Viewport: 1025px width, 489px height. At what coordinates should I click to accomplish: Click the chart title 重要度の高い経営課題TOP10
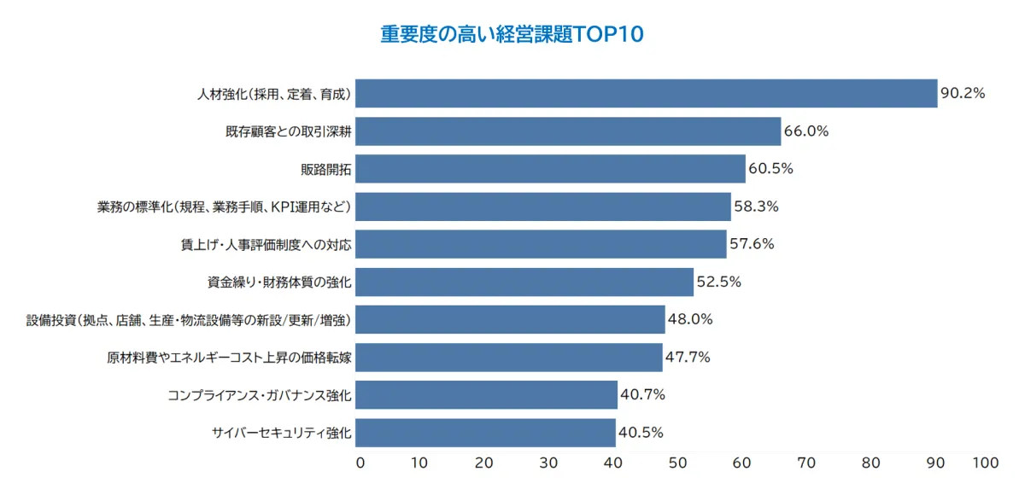pos(512,35)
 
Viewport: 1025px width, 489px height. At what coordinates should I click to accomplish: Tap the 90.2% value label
pos(963,93)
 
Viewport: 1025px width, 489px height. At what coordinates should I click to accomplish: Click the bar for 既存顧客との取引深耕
pos(568,131)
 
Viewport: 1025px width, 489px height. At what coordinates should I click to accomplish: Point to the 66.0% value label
pos(806,131)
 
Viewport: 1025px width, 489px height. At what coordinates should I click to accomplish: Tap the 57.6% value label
pos(752,244)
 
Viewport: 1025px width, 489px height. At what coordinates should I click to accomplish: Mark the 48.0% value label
pos(689,319)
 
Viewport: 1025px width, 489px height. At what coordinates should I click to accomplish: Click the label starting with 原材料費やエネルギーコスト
pos(224,357)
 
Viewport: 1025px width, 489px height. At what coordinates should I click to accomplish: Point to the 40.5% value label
pos(641,432)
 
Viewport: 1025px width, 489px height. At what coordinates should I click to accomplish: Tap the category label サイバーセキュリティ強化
pos(282,432)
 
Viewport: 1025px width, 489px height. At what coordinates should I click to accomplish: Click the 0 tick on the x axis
pos(360,463)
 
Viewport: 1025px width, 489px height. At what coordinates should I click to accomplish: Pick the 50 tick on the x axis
pos(678,463)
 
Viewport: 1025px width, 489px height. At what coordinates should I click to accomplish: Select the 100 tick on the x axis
pos(985,463)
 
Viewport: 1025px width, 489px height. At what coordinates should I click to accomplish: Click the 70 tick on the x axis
pos(806,463)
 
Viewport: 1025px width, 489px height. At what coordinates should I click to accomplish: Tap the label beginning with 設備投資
pos(189,319)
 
